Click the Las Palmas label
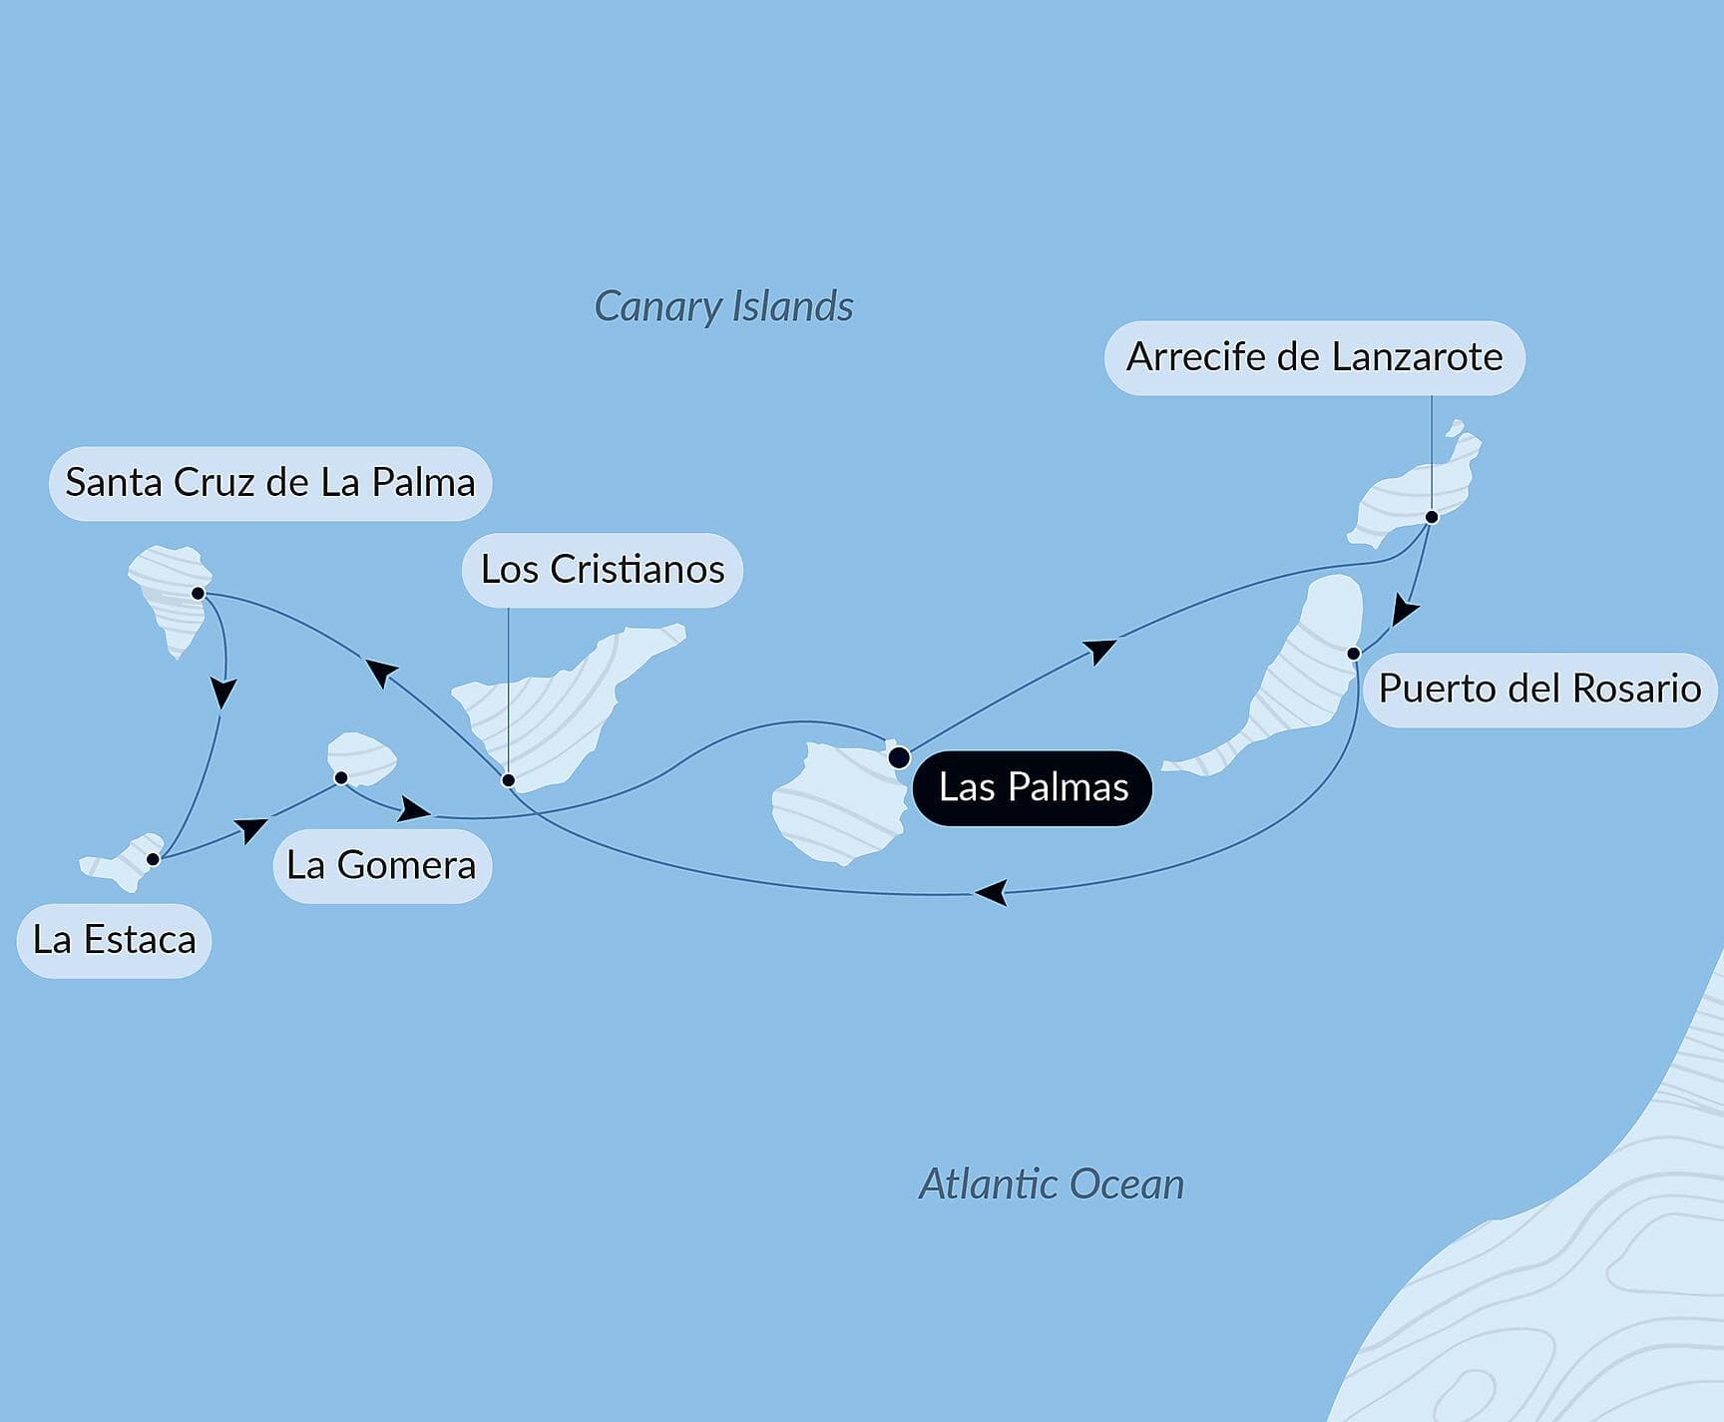click(1033, 787)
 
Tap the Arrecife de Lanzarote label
click(1314, 357)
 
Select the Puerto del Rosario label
click(1539, 689)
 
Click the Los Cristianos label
click(603, 570)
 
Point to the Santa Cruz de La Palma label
click(269, 483)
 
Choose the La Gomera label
click(381, 865)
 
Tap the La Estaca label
click(114, 940)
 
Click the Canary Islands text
click(723, 306)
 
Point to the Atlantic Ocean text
click(1051, 1185)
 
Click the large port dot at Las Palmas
click(899, 757)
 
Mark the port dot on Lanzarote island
click(1432, 517)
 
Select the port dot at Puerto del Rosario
click(1354, 654)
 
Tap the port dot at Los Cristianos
click(508, 780)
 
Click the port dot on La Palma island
click(198, 594)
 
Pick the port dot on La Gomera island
click(340, 777)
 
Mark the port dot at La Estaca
click(153, 859)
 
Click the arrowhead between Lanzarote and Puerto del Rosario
click(1405, 610)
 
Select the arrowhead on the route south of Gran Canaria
click(992, 892)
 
